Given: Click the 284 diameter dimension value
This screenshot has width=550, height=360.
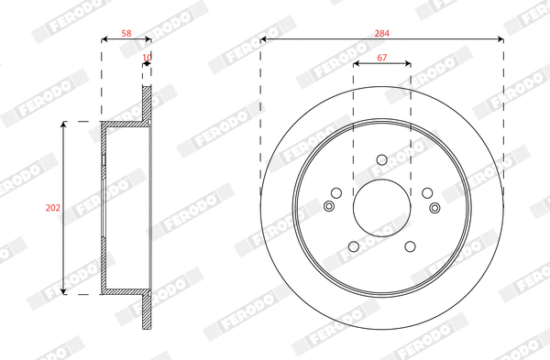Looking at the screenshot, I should pyautogui.click(x=382, y=33).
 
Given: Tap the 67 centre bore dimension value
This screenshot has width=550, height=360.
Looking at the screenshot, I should pyautogui.click(x=382, y=57).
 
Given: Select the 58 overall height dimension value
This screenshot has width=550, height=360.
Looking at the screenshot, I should pyautogui.click(x=126, y=33).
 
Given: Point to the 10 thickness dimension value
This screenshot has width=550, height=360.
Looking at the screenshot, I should pyautogui.click(x=147, y=57).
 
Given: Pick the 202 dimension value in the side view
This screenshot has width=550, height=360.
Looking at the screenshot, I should pyautogui.click(x=53, y=208).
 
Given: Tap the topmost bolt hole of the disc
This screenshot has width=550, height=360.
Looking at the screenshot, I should pyautogui.click(x=381, y=161).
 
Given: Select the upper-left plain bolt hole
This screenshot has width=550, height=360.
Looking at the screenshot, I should pyautogui.click(x=336, y=192).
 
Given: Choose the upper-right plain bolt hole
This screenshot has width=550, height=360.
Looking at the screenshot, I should pyautogui.click(x=427, y=192).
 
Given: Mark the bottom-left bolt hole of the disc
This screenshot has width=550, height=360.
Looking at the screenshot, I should pyautogui.click(x=354, y=245).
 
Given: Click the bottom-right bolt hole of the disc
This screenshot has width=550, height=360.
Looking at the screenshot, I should pyautogui.click(x=410, y=245).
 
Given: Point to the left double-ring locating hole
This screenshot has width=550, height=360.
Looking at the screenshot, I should pyautogui.click(x=330, y=205).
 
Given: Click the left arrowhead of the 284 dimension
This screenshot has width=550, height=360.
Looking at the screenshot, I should pyautogui.click(x=263, y=39).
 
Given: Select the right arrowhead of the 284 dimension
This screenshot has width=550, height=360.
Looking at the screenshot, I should pyautogui.click(x=500, y=39).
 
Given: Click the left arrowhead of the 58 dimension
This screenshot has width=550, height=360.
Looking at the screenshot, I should pyautogui.click(x=103, y=39).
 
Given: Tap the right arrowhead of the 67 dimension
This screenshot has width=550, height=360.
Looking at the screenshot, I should pyautogui.click(x=408, y=63).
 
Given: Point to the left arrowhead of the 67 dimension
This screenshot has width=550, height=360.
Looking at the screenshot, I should pyautogui.click(x=356, y=63).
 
